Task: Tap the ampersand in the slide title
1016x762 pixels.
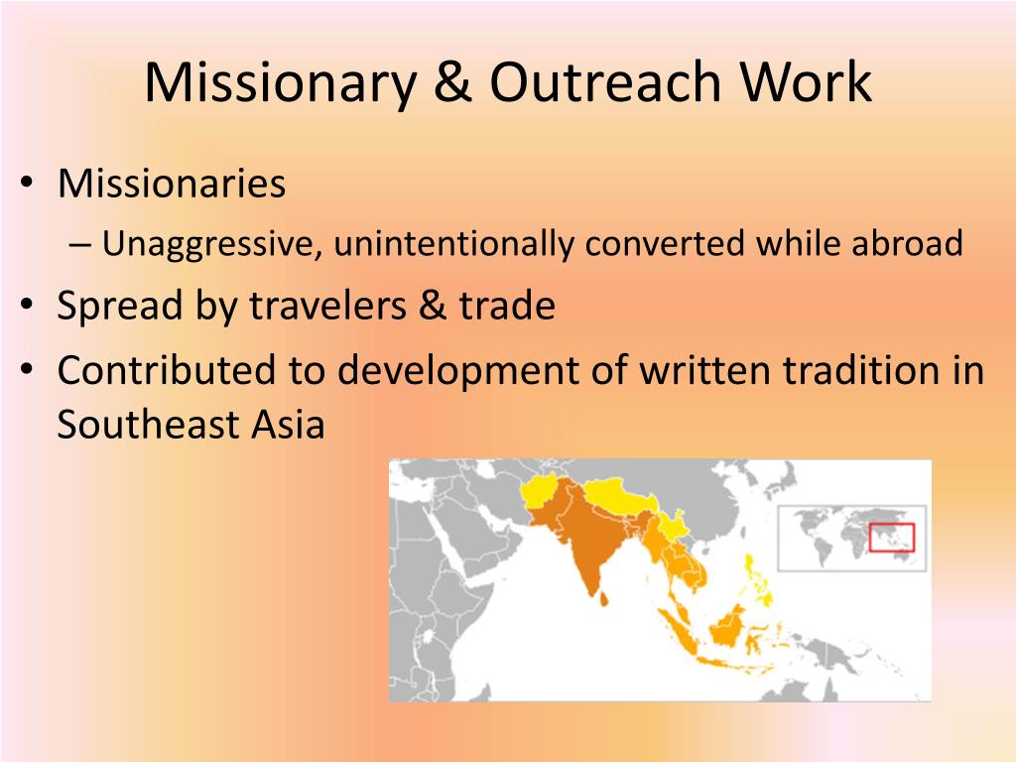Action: (x=452, y=81)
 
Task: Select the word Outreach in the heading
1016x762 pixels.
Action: (x=605, y=81)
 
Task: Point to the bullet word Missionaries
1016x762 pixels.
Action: (x=172, y=184)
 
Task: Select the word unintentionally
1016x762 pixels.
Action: (x=453, y=245)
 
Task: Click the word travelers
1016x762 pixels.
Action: (x=327, y=306)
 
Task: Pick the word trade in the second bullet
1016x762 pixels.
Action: (x=507, y=306)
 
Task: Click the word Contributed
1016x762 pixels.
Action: (x=167, y=370)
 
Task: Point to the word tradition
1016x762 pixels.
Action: (x=861, y=370)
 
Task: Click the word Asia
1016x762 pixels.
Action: (x=288, y=425)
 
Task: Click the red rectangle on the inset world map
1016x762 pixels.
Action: (x=891, y=537)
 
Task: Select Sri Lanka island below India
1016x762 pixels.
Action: (x=604, y=598)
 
